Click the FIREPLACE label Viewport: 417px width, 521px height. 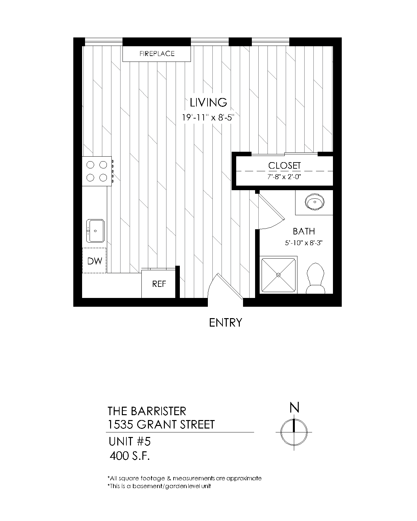point(157,53)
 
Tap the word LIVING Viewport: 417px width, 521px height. point(208,102)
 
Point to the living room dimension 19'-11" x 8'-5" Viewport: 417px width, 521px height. point(208,118)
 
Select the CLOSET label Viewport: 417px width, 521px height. point(284,166)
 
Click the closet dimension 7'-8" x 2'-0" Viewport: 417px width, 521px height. point(284,177)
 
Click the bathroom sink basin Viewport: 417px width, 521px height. point(314,202)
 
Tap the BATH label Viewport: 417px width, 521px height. point(304,231)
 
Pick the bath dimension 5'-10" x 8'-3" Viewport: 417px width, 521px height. point(304,243)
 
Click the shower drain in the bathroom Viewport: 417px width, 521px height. point(278,275)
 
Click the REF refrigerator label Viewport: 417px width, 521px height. point(159,284)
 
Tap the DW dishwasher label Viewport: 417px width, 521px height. point(94,261)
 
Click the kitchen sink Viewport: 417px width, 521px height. point(95,231)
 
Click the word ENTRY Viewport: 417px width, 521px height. point(225,322)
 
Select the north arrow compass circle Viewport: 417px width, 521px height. point(294,432)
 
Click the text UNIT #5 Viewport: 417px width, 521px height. point(130,441)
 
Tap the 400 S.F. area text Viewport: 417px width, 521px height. point(130,456)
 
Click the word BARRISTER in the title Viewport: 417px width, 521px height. point(158,411)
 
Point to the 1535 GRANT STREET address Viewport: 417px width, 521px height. point(161,424)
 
